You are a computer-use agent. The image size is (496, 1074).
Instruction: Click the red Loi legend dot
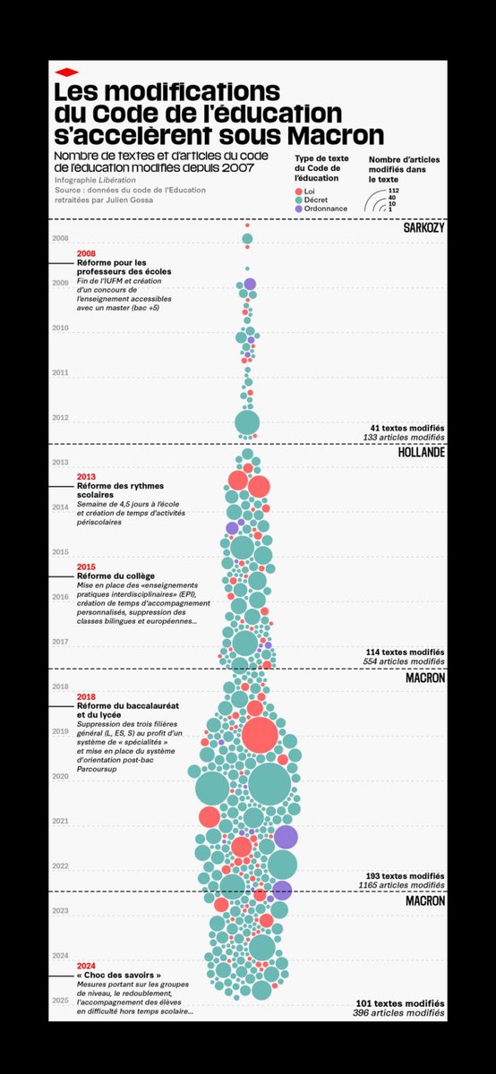click(x=298, y=191)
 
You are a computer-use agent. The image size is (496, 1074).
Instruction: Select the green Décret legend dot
click(x=298, y=200)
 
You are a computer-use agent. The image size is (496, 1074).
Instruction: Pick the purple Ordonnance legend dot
click(x=298, y=209)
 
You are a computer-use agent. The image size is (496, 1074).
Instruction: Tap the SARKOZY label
click(x=423, y=229)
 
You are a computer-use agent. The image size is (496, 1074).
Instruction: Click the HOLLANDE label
click(x=421, y=452)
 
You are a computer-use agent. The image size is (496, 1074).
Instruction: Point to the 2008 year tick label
click(x=61, y=239)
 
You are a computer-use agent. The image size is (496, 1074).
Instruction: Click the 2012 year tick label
click(x=61, y=418)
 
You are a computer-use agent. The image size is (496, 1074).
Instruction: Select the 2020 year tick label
click(x=61, y=776)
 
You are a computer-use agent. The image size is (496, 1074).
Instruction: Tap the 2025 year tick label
click(x=61, y=1000)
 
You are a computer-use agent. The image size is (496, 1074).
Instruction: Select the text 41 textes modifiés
click(x=406, y=428)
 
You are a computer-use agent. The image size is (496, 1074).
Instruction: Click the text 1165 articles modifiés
click(x=406, y=884)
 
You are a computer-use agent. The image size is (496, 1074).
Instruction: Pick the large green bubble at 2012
click(x=247, y=422)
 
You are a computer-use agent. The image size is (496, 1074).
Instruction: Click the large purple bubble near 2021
click(x=286, y=837)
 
